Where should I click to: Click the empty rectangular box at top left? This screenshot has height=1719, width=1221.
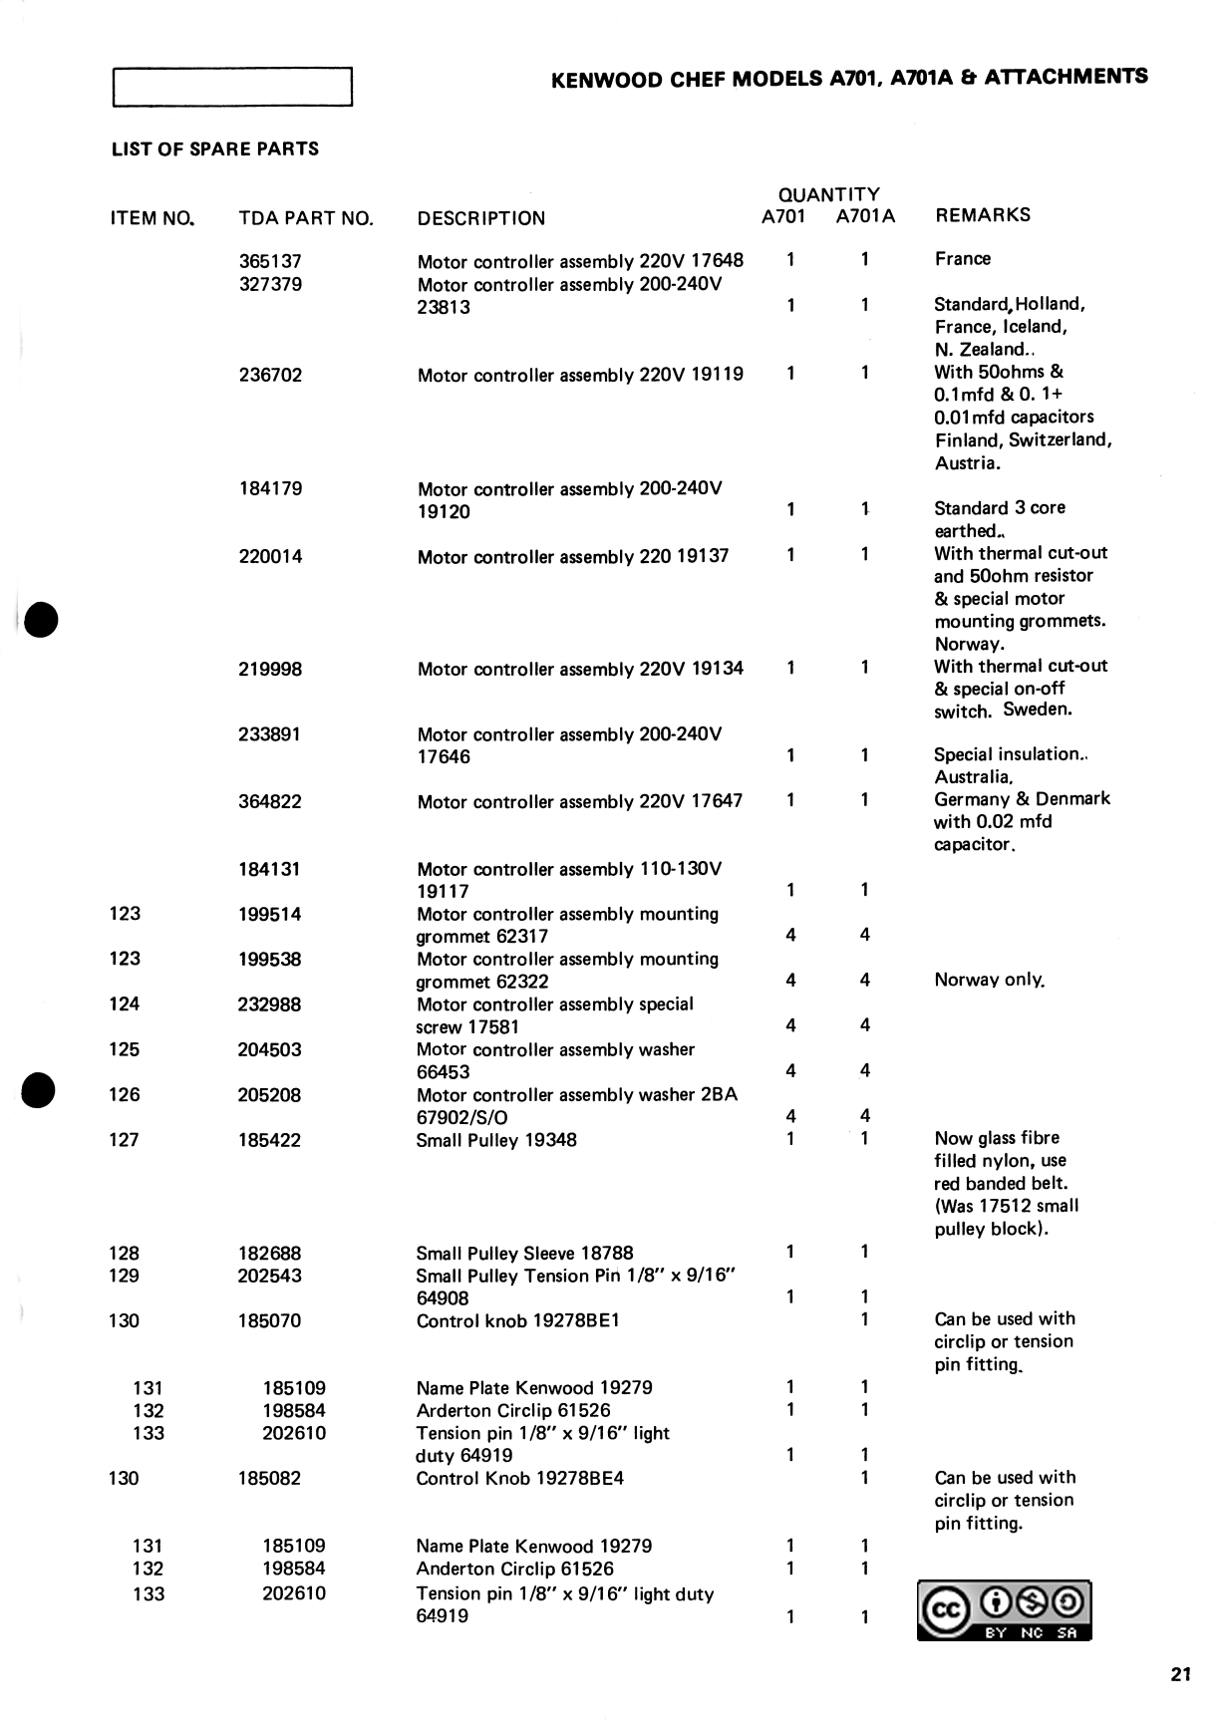(233, 87)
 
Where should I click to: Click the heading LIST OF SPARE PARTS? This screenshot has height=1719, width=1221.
(215, 149)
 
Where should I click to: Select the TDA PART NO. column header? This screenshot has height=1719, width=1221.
(306, 218)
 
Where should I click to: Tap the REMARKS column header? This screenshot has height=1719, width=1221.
(983, 215)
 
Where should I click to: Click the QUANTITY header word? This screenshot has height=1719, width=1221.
(828, 194)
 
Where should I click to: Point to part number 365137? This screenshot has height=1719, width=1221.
(270, 261)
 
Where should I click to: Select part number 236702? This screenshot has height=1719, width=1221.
(270, 375)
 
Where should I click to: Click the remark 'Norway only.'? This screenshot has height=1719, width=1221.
(990, 980)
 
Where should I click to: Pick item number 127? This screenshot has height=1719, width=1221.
(125, 1140)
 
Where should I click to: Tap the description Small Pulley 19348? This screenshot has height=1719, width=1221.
(496, 1140)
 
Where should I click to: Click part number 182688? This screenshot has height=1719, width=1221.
(269, 1253)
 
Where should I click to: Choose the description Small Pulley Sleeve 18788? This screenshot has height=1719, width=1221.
(524, 1253)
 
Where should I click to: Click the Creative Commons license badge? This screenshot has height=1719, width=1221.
(1005, 1610)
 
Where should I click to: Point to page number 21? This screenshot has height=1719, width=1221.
(1181, 1675)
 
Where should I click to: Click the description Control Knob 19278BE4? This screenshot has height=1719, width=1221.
(520, 1478)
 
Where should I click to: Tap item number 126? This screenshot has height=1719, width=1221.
(125, 1094)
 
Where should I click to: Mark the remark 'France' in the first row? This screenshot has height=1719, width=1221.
(963, 259)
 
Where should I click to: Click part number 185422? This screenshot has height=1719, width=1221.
(269, 1140)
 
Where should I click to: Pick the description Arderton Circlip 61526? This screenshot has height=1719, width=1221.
(513, 1410)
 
